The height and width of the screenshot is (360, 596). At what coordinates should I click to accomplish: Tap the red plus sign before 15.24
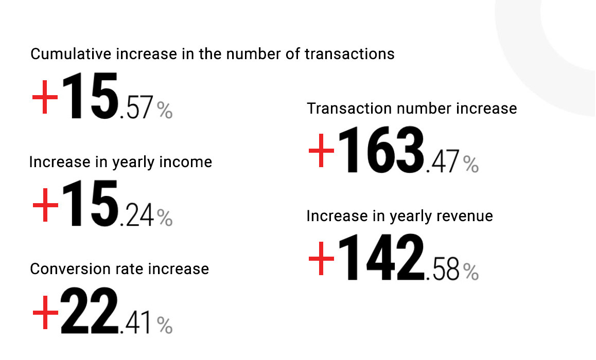(45, 205)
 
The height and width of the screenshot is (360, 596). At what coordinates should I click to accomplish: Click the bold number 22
(89, 312)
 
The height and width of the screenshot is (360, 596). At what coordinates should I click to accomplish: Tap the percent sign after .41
(165, 325)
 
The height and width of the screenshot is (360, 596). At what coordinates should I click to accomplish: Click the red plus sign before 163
(322, 151)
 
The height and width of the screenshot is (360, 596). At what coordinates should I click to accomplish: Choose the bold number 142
(384, 259)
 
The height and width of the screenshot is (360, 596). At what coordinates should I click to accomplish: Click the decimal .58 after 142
(443, 271)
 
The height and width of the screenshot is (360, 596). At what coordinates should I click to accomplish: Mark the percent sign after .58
(471, 272)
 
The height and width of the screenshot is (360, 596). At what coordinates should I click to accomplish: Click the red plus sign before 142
(322, 259)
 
